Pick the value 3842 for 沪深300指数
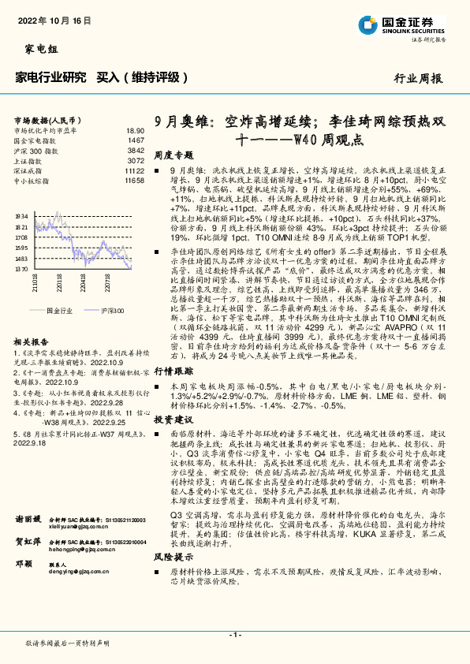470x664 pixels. point(136,150)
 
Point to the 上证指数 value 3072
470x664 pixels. point(136,160)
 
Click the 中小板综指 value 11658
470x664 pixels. point(134,181)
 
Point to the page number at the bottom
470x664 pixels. point(234,635)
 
